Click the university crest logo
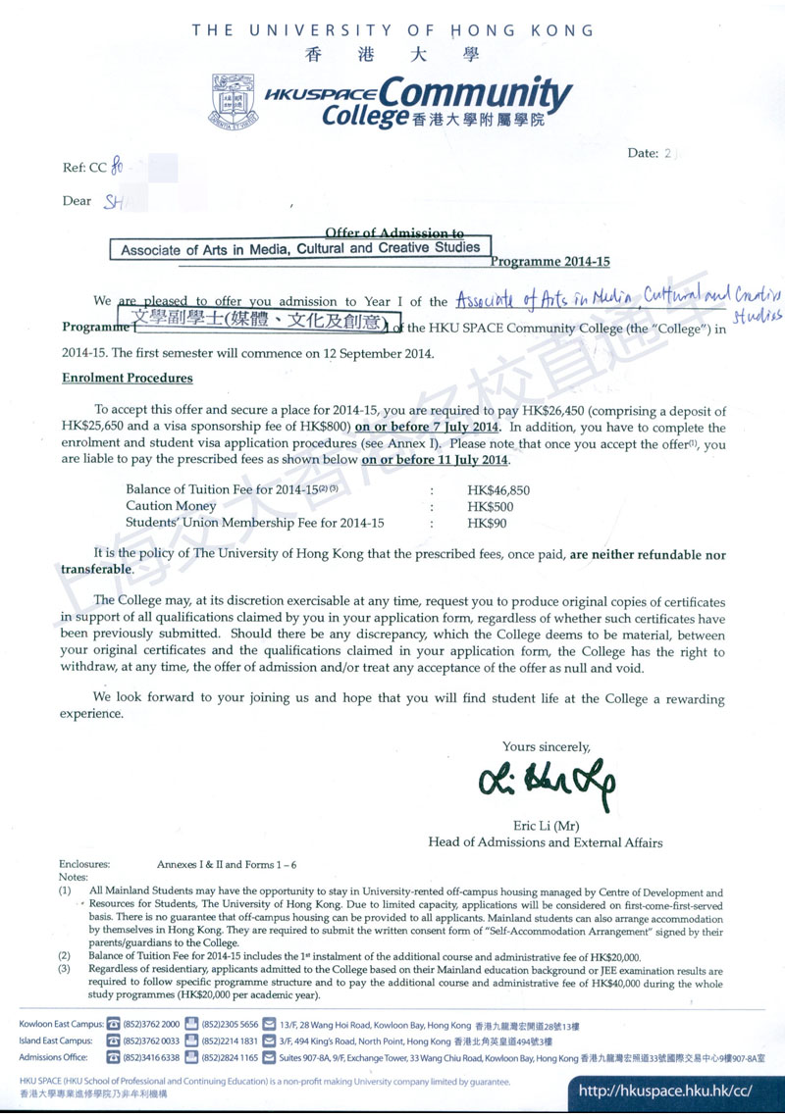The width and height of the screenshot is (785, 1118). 234,101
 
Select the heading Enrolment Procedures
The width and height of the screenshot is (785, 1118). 128,378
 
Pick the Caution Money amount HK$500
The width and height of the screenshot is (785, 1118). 490,506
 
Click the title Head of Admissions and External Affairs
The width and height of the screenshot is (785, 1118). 545,841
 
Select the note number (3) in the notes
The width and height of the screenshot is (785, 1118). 65,970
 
